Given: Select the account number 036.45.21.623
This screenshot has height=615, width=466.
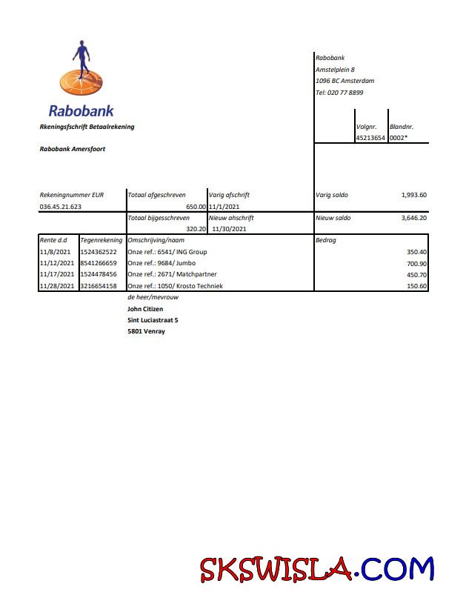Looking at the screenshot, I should pyautogui.click(x=61, y=207).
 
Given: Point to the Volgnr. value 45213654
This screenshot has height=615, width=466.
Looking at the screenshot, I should pyautogui.click(x=370, y=137).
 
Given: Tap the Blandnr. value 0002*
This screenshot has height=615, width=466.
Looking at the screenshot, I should pyautogui.click(x=399, y=137).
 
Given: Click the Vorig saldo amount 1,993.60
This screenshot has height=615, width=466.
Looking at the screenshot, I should pyautogui.click(x=413, y=195).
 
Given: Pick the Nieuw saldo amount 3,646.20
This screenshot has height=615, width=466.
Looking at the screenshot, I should pyautogui.click(x=413, y=218).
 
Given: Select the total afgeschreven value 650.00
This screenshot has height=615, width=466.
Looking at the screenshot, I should pyautogui.click(x=196, y=207).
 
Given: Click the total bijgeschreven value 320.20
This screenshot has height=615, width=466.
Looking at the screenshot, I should pyautogui.click(x=196, y=230).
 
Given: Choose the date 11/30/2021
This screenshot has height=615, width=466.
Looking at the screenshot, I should pyautogui.click(x=229, y=230).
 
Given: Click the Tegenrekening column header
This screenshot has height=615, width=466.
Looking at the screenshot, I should pyautogui.click(x=101, y=241).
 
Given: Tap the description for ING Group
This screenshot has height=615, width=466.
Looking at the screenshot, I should pyautogui.click(x=167, y=252).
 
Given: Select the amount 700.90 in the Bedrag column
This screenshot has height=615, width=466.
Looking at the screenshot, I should pyautogui.click(x=416, y=263).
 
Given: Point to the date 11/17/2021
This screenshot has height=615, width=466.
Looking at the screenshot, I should pyautogui.click(x=56, y=274).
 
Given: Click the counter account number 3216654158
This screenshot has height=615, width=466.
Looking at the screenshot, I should pyautogui.click(x=98, y=286).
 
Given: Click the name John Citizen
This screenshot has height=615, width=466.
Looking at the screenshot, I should pyautogui.click(x=145, y=308).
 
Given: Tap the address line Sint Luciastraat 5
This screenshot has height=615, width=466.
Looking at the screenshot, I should pyautogui.click(x=153, y=320).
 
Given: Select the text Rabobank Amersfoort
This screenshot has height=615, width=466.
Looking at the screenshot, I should pyautogui.click(x=72, y=149).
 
